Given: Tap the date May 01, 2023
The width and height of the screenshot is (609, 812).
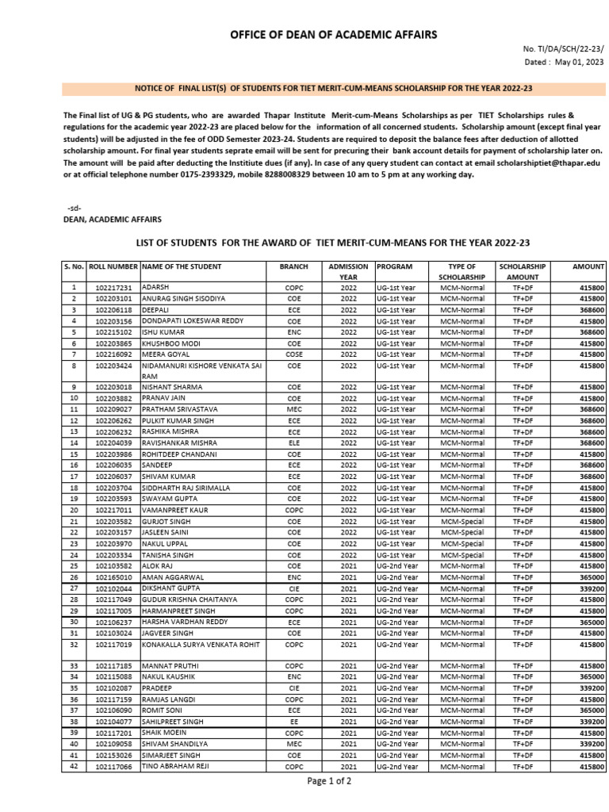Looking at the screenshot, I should pyautogui.click(x=578, y=61).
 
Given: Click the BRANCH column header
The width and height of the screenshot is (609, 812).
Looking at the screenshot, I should pyautogui.click(x=293, y=267).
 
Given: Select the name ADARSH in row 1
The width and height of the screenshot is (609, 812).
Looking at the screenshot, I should pyautogui.click(x=156, y=287).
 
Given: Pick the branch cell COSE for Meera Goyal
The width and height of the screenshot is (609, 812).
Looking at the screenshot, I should pyautogui.click(x=293, y=354).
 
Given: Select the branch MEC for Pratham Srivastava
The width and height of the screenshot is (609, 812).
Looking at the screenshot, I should pyautogui.click(x=293, y=409).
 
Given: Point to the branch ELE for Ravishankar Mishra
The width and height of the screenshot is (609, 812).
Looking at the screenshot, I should pyautogui.click(x=293, y=442).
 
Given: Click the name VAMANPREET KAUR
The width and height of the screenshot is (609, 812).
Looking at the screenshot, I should pyautogui.click(x=174, y=510).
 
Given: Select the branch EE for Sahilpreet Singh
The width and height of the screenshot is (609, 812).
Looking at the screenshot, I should pyautogui.click(x=293, y=722).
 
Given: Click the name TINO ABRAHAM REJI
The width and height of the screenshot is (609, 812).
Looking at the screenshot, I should pyautogui.click(x=174, y=767).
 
